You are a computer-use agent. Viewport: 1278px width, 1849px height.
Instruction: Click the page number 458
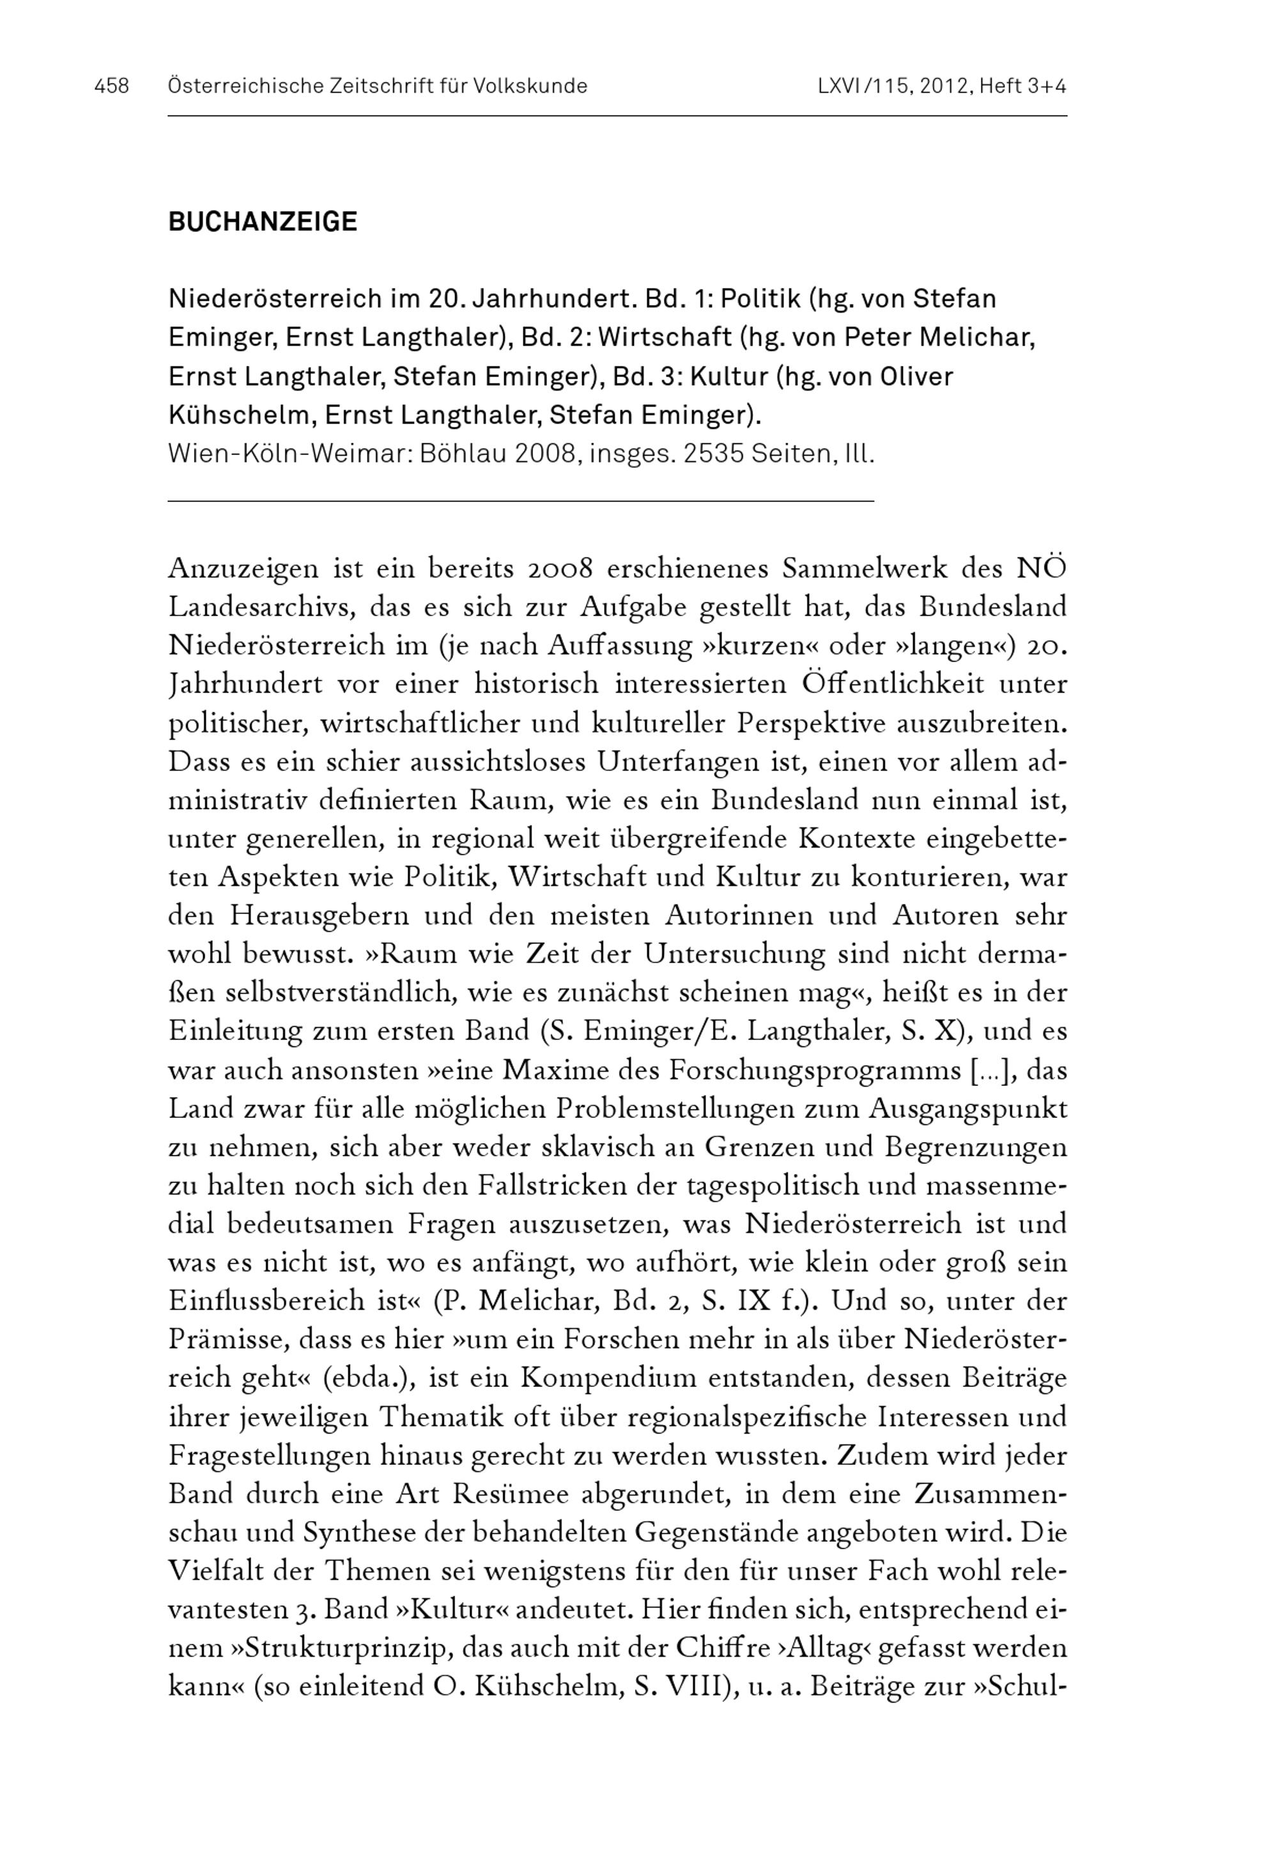click(111, 86)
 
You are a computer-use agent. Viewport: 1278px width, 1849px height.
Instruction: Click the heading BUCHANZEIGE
click(263, 222)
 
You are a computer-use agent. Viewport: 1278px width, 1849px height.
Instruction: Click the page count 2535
click(720, 454)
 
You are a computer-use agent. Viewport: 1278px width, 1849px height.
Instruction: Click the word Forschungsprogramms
click(794, 1071)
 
